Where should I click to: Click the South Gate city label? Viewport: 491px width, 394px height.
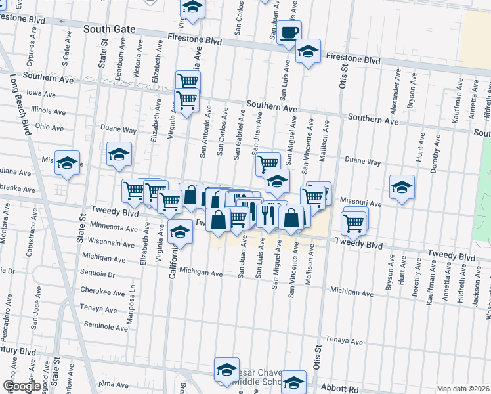click(110, 29)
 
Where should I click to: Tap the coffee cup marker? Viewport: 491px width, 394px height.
click(289, 33)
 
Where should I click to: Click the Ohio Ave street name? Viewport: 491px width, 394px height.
click(49, 126)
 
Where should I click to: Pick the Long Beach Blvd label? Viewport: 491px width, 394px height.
click(20, 105)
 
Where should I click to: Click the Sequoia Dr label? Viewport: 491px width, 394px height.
click(98, 275)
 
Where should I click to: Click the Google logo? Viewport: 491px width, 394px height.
click(22, 387)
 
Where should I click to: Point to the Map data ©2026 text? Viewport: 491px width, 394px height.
click(463, 389)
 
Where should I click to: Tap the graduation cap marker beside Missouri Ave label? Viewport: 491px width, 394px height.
click(402, 187)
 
